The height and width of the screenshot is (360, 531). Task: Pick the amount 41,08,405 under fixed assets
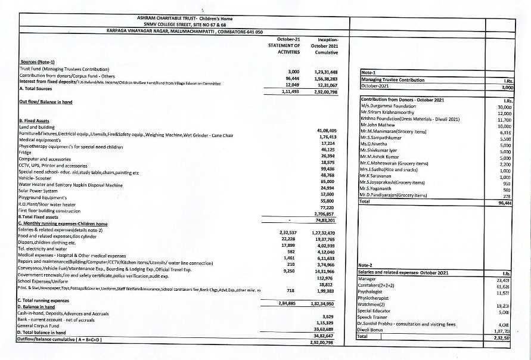(x=324, y=129)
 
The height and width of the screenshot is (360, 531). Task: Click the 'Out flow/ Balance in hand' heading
(x=45, y=102)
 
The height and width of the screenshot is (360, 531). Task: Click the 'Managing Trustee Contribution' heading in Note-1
(x=393, y=80)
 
